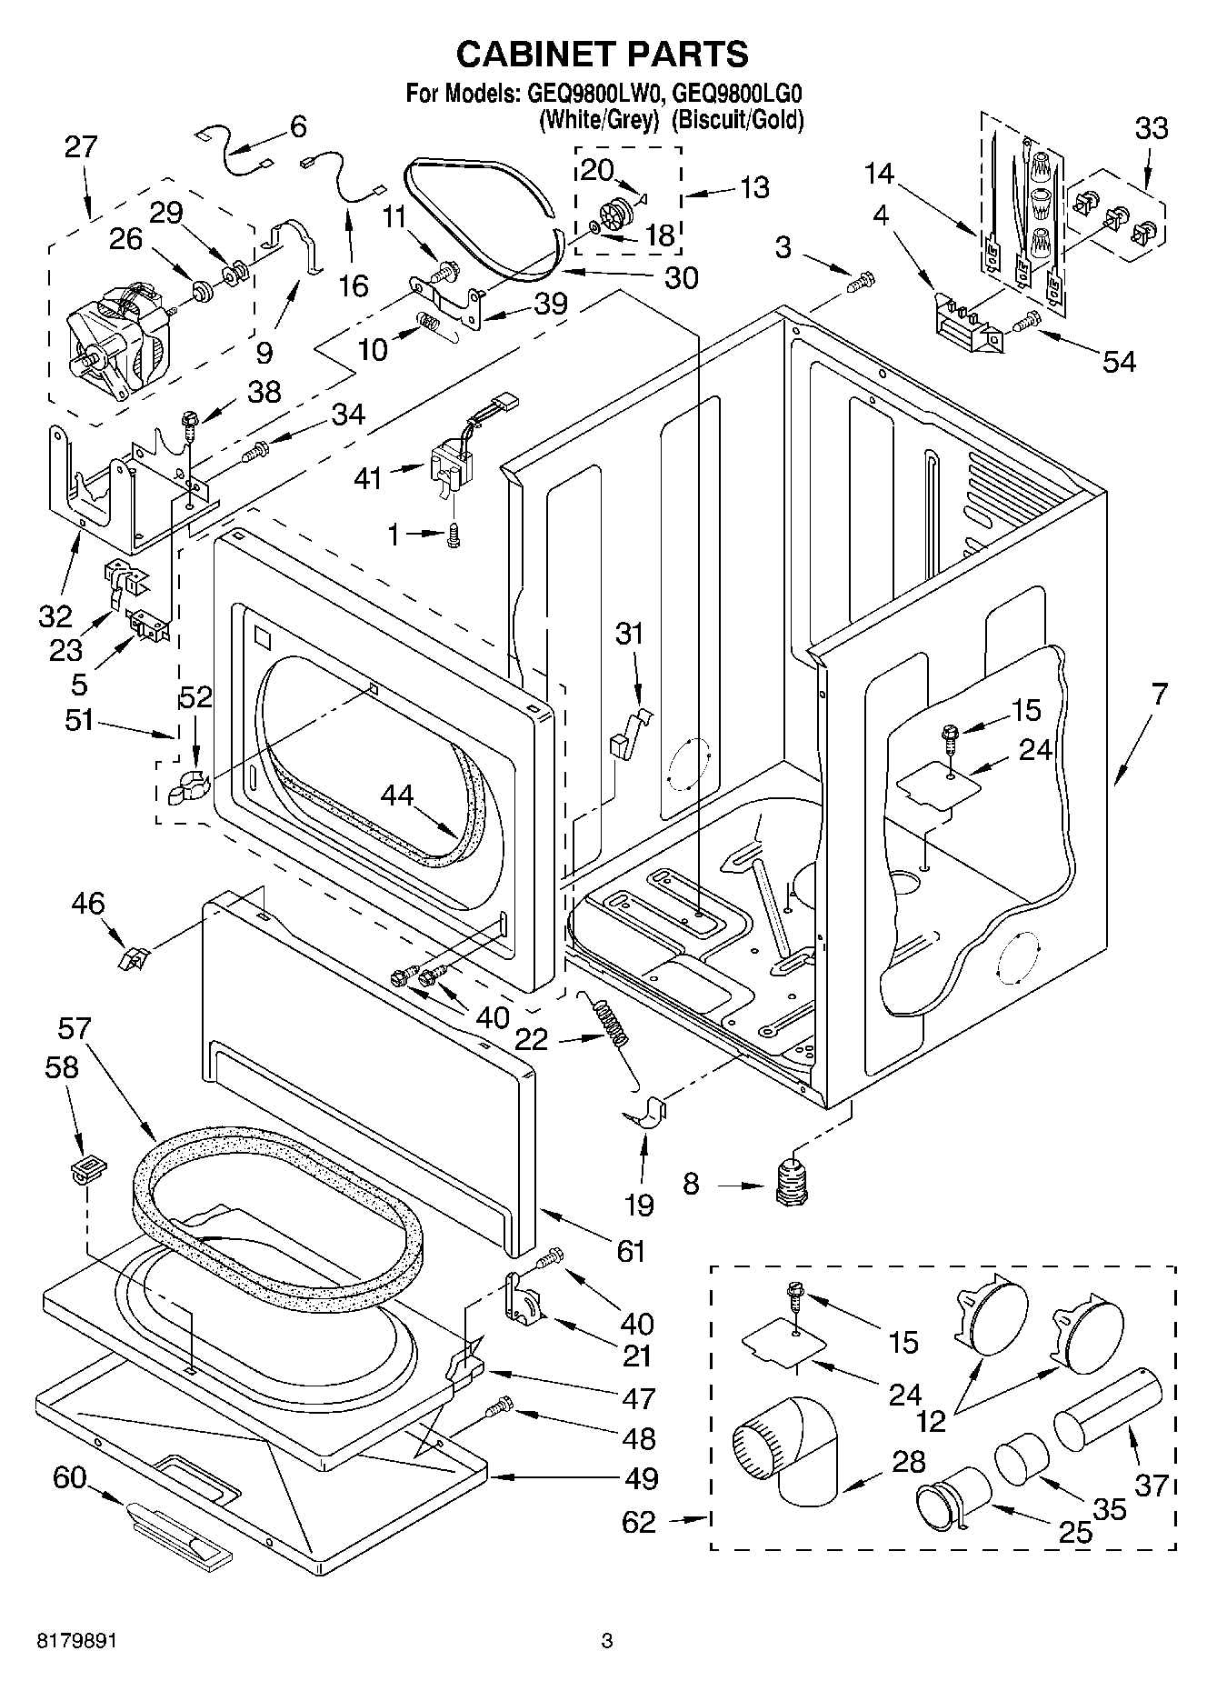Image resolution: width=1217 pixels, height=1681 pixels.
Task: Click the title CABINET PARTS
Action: coord(602,54)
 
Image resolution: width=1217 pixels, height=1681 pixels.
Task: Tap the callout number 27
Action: coord(80,147)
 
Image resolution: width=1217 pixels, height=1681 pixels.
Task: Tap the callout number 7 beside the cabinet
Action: coord(1159,695)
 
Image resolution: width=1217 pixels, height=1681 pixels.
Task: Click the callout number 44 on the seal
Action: coord(396,795)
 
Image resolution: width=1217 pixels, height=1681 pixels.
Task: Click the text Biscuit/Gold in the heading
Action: coord(737,119)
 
